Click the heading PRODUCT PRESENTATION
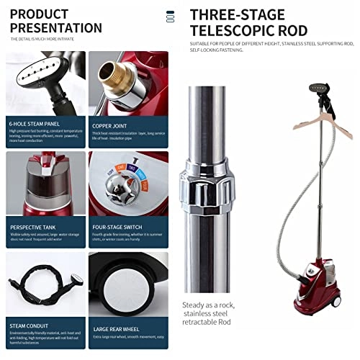55,21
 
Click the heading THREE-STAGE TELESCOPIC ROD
249,22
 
